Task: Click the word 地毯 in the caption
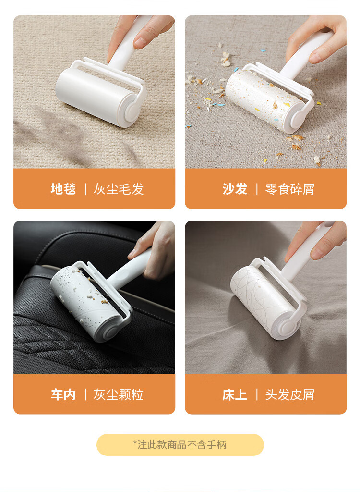coord(63,189)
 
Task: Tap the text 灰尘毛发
coord(119,189)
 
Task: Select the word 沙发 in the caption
coord(235,189)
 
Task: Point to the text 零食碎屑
coord(290,189)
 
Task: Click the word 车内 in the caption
coord(63,394)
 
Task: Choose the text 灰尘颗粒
coord(119,394)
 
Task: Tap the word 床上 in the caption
coord(235,394)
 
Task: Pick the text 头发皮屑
coord(290,394)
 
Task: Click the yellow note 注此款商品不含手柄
coord(180,444)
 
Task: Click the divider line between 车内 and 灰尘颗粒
coord(85,394)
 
